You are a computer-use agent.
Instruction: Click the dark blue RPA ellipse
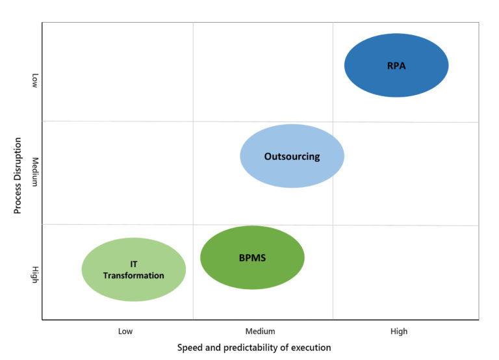coord(396,65)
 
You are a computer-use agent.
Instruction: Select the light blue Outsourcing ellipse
coord(292,156)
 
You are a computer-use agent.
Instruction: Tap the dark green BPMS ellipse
coord(252,257)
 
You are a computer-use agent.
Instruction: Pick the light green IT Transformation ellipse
coord(134,270)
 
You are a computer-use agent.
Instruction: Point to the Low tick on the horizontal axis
coord(125,331)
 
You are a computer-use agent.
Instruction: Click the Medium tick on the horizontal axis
coord(260,331)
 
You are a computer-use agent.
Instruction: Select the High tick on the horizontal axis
coord(399,331)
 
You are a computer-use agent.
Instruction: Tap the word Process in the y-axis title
coord(18,199)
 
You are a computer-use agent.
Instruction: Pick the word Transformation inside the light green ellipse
coord(134,276)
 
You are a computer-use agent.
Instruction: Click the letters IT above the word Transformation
coord(133,264)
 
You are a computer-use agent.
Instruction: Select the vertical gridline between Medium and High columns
coord(333,195)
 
